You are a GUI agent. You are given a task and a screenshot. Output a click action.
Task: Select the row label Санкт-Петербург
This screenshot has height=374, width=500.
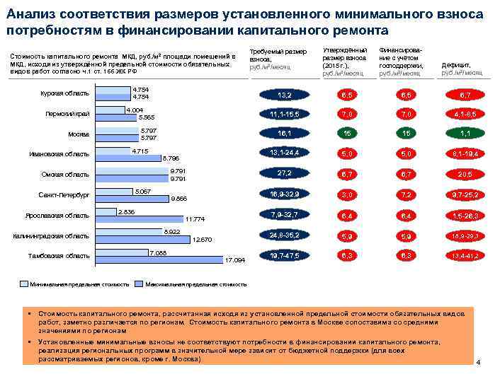coord(64,194)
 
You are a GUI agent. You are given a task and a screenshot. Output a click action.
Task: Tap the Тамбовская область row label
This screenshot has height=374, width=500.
coord(58,256)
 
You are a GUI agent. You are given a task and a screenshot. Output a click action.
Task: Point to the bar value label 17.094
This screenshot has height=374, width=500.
coord(234,261)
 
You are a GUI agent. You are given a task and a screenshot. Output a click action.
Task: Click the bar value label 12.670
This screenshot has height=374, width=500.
coord(203,240)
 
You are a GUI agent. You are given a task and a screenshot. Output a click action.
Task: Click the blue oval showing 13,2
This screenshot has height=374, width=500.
coord(285,94)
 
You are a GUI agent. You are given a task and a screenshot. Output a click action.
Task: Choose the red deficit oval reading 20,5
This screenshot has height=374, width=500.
coord(465,174)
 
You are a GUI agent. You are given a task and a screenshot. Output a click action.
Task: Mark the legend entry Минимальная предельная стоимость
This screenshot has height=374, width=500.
coord(78,284)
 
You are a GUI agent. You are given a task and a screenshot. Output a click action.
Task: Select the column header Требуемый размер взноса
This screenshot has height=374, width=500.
coord(278,56)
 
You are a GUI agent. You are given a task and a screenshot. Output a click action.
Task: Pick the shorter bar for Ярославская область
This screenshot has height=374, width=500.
coord(106,211)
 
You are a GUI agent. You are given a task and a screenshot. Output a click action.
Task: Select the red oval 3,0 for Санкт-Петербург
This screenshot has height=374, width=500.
coord(348,194)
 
